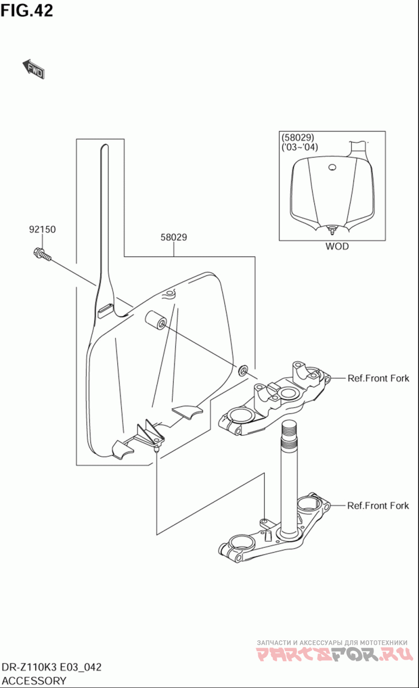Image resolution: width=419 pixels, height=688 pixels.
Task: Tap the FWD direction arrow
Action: click(34, 69)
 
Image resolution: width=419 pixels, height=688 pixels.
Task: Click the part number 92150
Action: click(42, 230)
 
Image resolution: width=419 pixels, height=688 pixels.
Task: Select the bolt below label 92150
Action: click(42, 254)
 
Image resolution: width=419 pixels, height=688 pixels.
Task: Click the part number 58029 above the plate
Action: click(174, 237)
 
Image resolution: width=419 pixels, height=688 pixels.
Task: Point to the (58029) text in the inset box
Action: click(298, 137)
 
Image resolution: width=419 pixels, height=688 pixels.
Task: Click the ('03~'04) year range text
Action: click(300, 147)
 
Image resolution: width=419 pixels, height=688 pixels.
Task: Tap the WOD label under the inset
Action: click(337, 246)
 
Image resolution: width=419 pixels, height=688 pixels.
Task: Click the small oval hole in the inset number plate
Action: click(332, 168)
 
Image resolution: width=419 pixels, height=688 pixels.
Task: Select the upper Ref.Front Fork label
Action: click(378, 378)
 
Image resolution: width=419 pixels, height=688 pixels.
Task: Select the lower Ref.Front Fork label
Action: click(378, 506)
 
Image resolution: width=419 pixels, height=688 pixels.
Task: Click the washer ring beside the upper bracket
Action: click(243, 370)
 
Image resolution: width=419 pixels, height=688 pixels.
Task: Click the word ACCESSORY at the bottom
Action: click(34, 681)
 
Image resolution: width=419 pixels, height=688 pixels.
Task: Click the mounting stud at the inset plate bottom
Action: click(332, 231)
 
